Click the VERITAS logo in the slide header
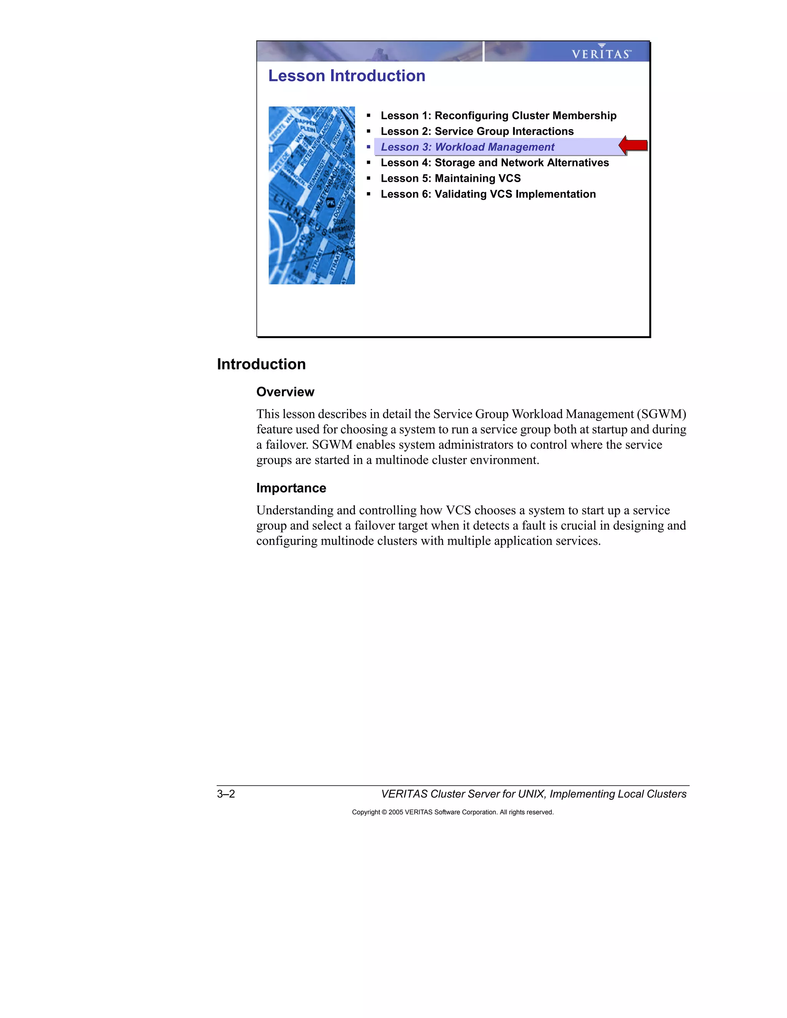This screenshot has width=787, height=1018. [x=601, y=52]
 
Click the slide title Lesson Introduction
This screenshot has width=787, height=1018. [x=346, y=76]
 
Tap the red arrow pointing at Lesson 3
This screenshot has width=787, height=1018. [x=633, y=146]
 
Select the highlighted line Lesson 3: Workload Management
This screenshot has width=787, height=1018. [x=467, y=147]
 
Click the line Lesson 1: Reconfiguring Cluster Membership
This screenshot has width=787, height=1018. [x=498, y=116]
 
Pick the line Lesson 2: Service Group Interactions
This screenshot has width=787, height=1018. [x=477, y=131]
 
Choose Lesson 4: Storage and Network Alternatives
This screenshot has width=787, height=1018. [x=494, y=162]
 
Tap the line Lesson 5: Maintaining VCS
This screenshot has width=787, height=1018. [x=450, y=179]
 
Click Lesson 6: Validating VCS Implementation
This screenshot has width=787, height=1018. [x=488, y=194]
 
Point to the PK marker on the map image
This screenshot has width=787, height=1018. [x=330, y=203]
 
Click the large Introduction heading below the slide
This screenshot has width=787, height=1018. [x=261, y=364]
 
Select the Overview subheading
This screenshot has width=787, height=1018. [x=285, y=392]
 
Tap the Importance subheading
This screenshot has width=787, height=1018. [x=291, y=488]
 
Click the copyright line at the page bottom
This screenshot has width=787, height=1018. [x=452, y=812]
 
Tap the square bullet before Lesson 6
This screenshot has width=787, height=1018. [x=368, y=194]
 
